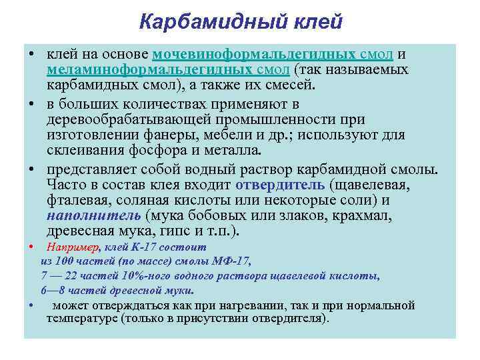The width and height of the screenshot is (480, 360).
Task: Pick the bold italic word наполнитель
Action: (x=93, y=215)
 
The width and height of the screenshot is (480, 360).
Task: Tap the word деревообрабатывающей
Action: (x=129, y=119)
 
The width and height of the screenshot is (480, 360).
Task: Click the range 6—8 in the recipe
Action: (x=52, y=291)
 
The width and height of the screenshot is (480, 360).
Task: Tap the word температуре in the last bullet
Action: (x=82, y=319)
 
